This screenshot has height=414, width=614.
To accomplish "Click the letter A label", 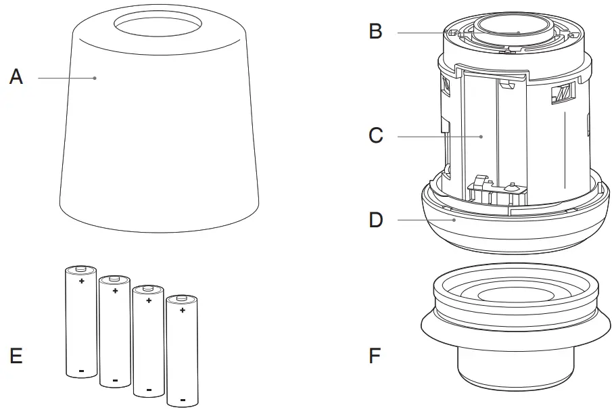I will point(16,77).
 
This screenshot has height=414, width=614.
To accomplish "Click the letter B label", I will point(376,32).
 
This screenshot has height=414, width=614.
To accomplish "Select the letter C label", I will point(376,136).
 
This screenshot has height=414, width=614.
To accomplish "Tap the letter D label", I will point(376,220).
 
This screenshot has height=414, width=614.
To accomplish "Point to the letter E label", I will point(16,355).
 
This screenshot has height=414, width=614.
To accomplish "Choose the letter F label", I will point(376,355).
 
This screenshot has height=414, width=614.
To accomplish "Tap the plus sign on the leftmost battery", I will point(81,281).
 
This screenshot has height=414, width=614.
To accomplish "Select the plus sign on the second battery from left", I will point(115,291).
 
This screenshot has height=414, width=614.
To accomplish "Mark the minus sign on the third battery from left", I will point(149,390).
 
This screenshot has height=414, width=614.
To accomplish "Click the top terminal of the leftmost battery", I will point(81,268).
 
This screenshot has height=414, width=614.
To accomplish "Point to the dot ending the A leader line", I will point(95,78).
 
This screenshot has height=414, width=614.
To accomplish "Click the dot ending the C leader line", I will point(481,137).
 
